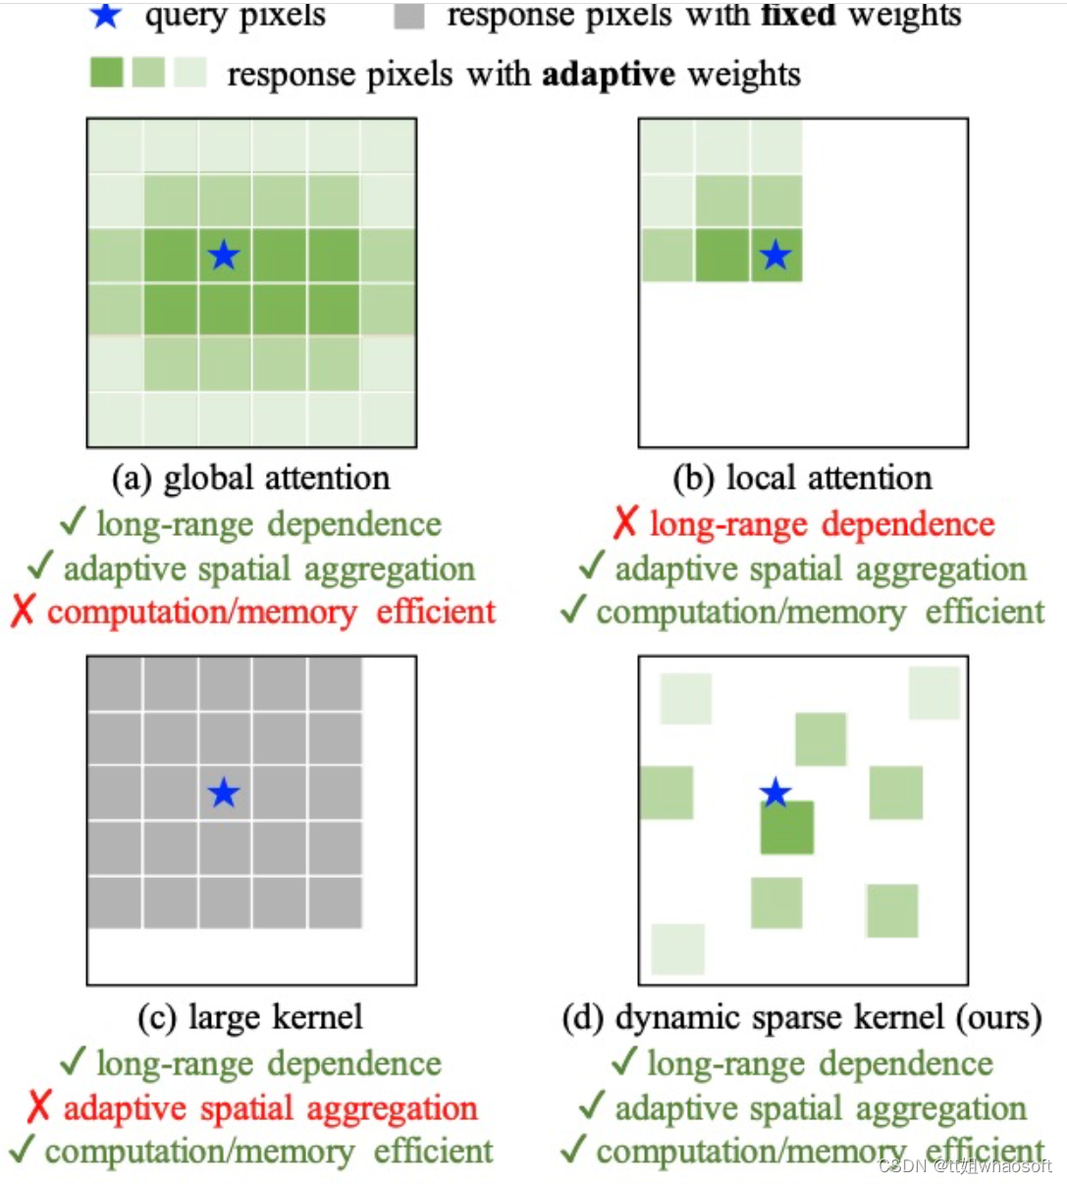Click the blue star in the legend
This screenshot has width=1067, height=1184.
(x=105, y=15)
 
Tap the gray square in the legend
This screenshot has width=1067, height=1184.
(x=408, y=16)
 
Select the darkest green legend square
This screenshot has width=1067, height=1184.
(x=106, y=73)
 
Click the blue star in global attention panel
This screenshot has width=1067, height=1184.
(x=224, y=255)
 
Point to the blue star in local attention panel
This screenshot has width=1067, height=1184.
(x=775, y=255)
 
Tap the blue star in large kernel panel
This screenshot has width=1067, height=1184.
(x=224, y=792)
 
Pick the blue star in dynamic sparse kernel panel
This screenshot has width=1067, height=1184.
(x=775, y=792)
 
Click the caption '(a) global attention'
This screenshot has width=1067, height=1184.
(x=251, y=478)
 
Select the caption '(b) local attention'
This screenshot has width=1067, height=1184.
(x=802, y=478)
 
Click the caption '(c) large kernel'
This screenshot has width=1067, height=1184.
(x=251, y=1017)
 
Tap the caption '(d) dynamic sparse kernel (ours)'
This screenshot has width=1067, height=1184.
(x=802, y=1017)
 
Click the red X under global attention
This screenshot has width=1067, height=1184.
(x=23, y=611)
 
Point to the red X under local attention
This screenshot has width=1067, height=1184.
(x=625, y=523)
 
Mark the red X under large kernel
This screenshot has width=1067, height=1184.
(x=38, y=1107)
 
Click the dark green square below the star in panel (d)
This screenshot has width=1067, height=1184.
(x=787, y=828)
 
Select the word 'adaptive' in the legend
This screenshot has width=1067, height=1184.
(x=609, y=75)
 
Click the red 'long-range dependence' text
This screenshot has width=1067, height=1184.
(x=822, y=524)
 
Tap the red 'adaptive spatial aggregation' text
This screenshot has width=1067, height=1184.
(x=270, y=1108)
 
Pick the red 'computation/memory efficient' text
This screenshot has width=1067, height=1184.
(x=271, y=612)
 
